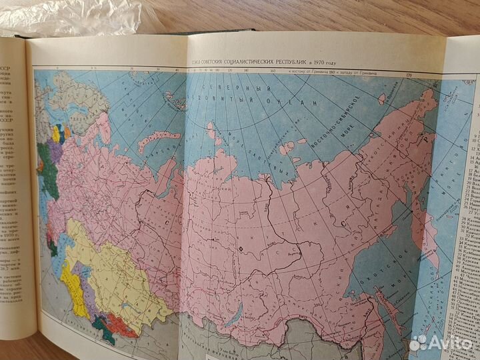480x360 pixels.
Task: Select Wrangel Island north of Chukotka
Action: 381,99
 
